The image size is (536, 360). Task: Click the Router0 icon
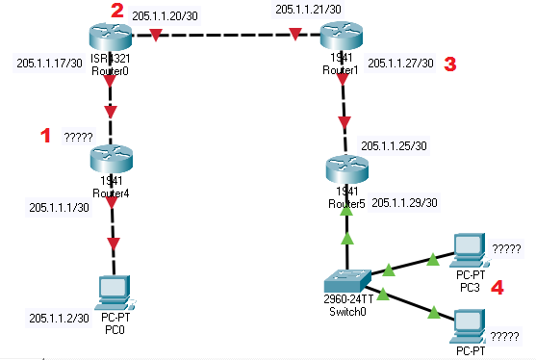113,38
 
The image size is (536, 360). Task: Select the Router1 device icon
343,38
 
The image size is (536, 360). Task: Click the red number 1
43,136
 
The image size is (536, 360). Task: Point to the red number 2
117,11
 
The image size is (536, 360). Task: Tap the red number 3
448,64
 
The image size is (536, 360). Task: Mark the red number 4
498,286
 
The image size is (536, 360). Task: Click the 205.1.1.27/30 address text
401,64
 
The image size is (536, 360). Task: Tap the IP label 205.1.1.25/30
395,145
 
